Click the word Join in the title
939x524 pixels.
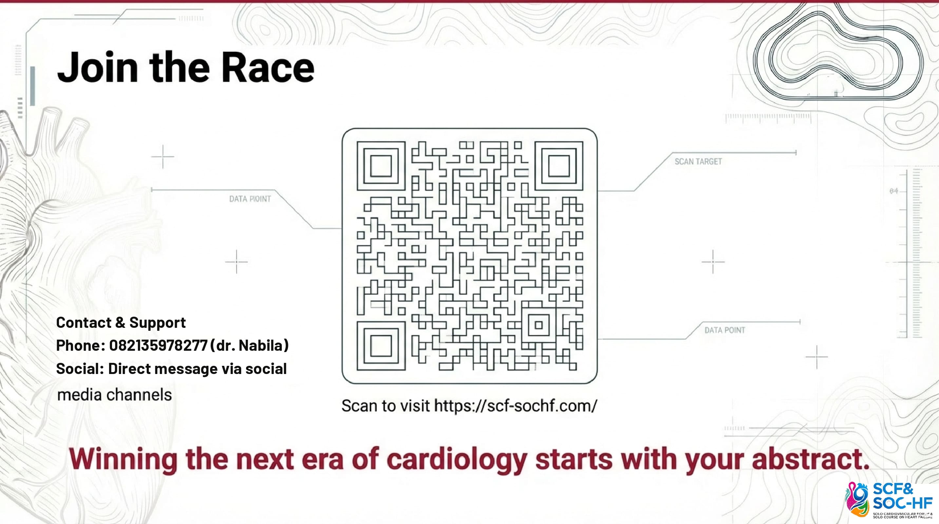click(x=98, y=67)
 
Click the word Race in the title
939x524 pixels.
click(x=268, y=67)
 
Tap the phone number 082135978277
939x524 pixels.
click(x=158, y=346)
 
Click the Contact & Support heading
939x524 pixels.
click(x=121, y=323)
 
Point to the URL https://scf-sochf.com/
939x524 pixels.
click(x=515, y=405)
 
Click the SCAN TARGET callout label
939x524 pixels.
click(x=698, y=161)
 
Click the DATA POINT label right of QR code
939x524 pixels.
click(x=725, y=330)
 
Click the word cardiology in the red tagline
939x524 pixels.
click(x=457, y=460)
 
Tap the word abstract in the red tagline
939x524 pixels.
click(x=811, y=458)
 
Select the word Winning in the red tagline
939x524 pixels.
click(x=123, y=460)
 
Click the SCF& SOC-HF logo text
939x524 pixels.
click(x=902, y=496)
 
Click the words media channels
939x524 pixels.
click(x=114, y=395)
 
